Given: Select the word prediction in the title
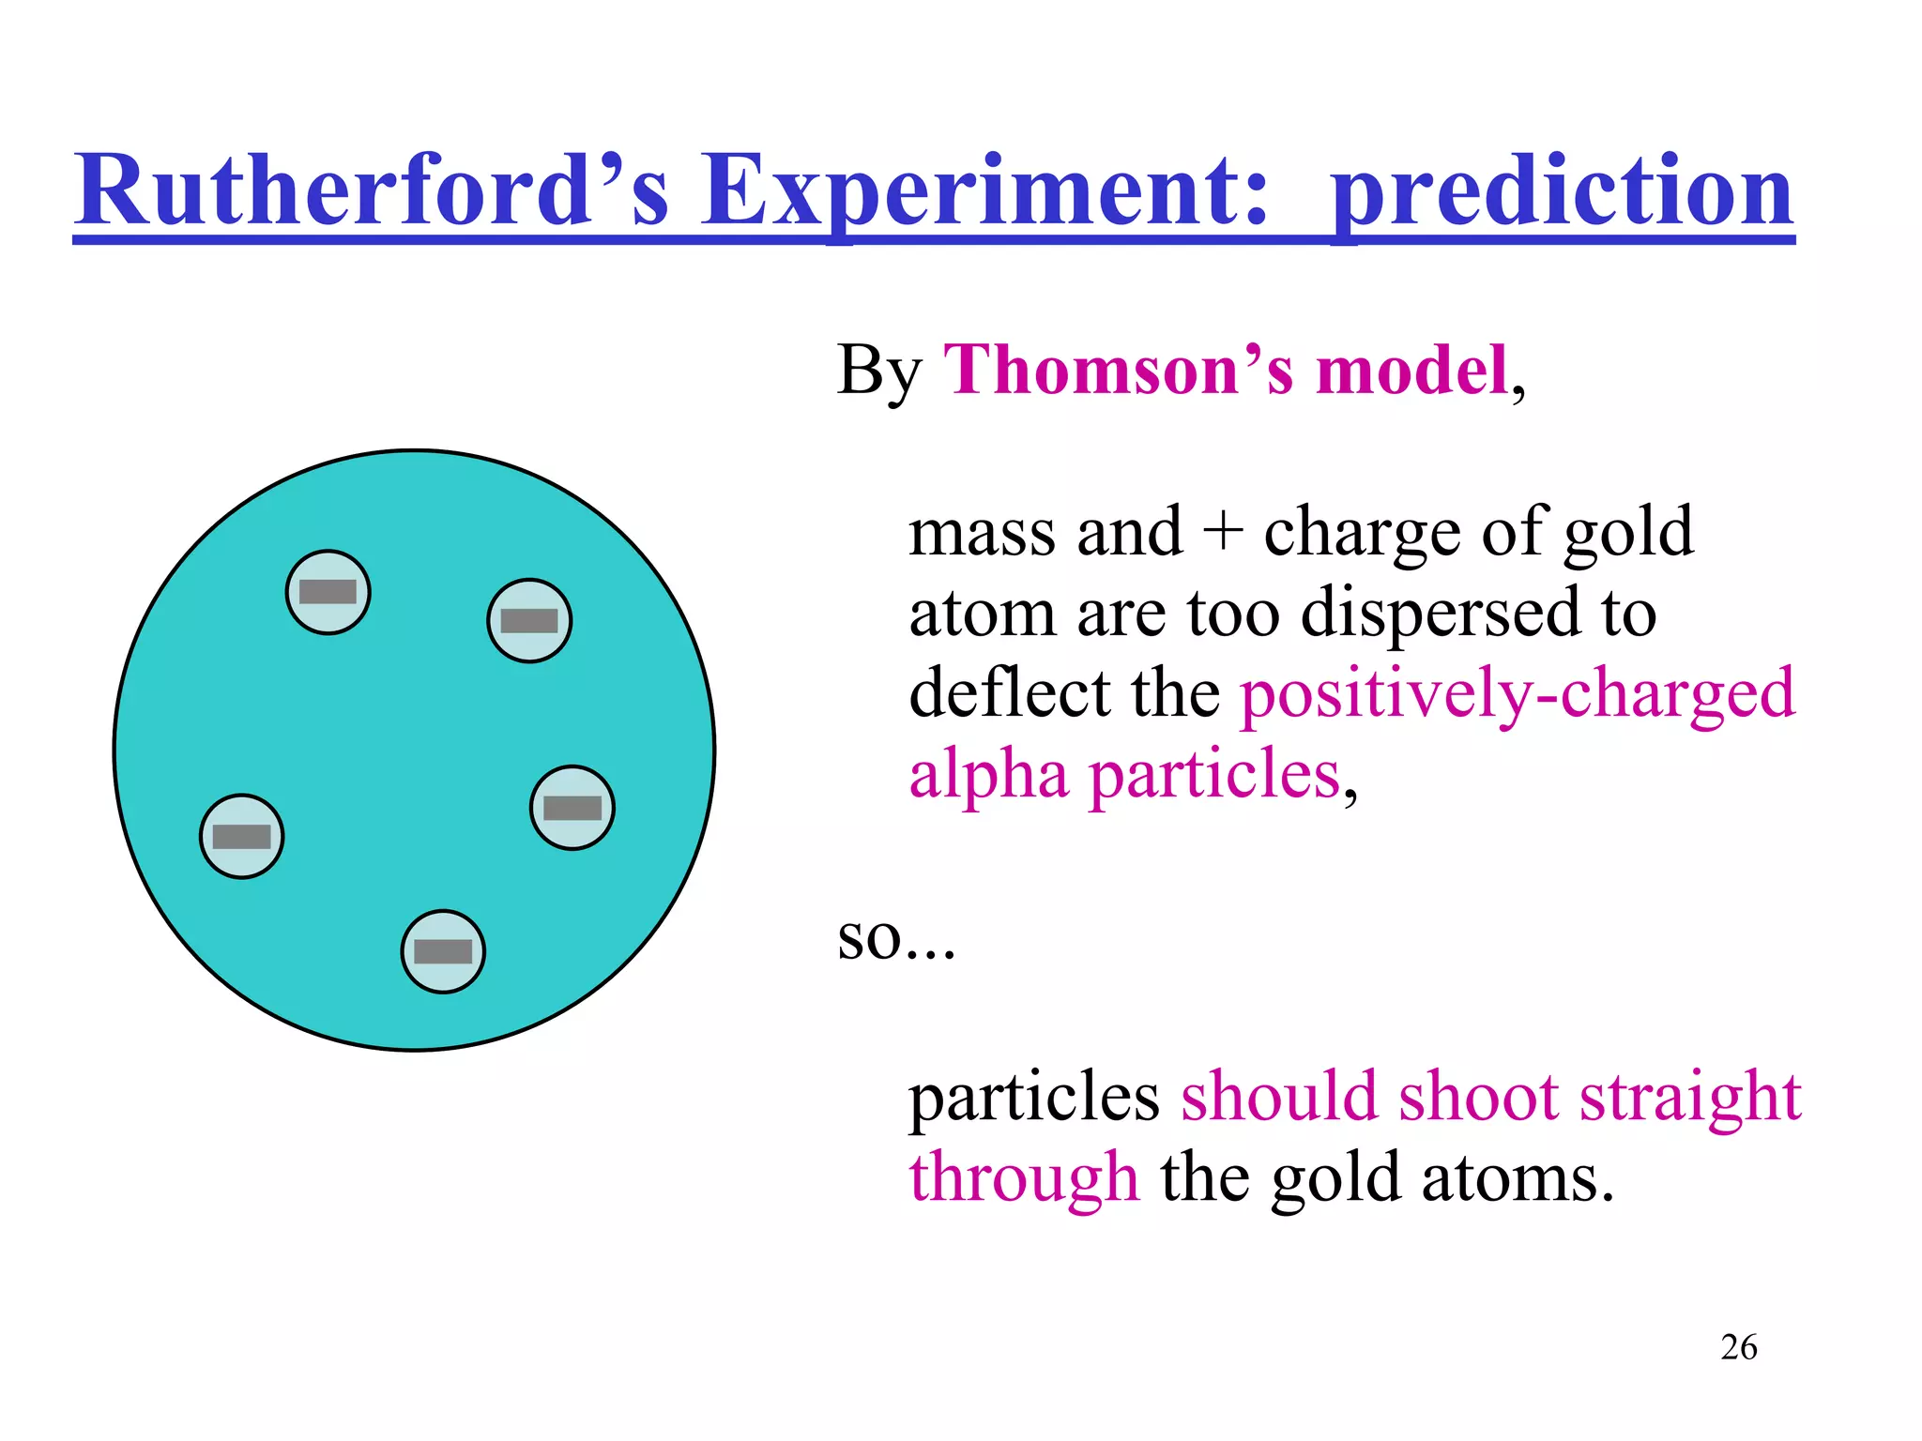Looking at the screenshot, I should click(x=1562, y=192).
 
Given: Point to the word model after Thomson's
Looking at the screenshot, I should click(x=1411, y=371).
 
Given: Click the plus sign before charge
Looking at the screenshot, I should click(x=1223, y=533).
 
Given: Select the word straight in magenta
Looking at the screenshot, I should click(x=1689, y=1098).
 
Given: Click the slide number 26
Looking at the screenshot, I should click(x=1738, y=1347).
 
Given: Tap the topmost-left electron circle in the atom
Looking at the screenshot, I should click(x=328, y=592).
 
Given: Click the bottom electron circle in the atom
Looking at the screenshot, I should click(x=443, y=951).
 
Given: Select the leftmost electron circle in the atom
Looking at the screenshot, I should click(x=242, y=836).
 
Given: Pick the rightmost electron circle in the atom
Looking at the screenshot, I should click(x=572, y=808).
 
